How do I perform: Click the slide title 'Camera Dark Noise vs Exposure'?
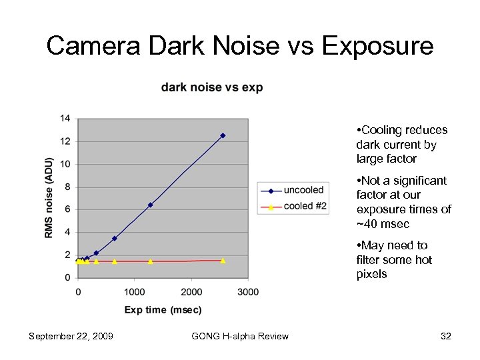(x=240, y=46)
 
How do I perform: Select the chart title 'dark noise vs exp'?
(x=212, y=88)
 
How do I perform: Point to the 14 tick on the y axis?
(x=65, y=119)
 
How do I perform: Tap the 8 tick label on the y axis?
(x=67, y=187)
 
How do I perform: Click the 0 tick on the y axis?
(x=67, y=277)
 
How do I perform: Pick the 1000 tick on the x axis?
(x=135, y=292)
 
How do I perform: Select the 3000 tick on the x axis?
(x=248, y=292)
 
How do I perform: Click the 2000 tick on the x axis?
(x=191, y=292)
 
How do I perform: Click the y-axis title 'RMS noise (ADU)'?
(x=48, y=197)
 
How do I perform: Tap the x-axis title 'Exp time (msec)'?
(x=163, y=309)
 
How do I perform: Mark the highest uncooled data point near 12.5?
(x=223, y=135)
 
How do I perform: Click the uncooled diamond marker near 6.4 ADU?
(x=151, y=205)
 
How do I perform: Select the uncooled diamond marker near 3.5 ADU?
(x=115, y=238)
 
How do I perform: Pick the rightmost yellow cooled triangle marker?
(x=223, y=261)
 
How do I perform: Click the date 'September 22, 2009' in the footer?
(x=71, y=336)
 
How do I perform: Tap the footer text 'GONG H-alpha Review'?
(x=240, y=336)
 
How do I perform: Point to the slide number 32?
(x=446, y=336)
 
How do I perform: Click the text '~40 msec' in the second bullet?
(x=383, y=224)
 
